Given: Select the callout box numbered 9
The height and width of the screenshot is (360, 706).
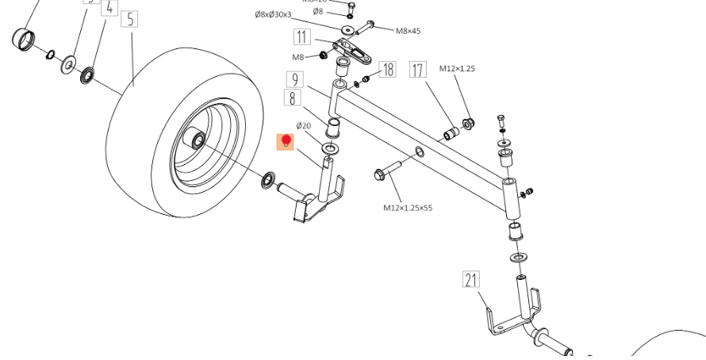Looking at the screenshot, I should click(x=295, y=79).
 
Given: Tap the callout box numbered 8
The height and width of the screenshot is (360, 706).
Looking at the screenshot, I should click(x=293, y=98).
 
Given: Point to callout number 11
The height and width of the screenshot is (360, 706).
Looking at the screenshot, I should click(x=301, y=37).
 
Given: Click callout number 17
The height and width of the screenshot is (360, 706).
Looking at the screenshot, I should click(x=418, y=70).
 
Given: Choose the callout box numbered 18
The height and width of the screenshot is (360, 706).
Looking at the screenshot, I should click(x=387, y=70).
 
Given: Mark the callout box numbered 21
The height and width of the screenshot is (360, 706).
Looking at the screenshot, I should click(x=472, y=279).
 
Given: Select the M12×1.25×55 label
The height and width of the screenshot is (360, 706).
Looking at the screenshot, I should click(x=408, y=208).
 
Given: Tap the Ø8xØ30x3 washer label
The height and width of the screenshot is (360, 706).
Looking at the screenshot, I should click(x=273, y=15).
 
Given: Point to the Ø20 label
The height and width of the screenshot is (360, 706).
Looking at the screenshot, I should click(x=304, y=125).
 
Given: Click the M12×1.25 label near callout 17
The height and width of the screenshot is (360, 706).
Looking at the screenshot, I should click(x=457, y=69).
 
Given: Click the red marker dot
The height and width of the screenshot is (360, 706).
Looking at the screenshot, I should click(x=286, y=141).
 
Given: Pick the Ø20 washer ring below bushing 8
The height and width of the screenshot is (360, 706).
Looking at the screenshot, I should click(x=329, y=148).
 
